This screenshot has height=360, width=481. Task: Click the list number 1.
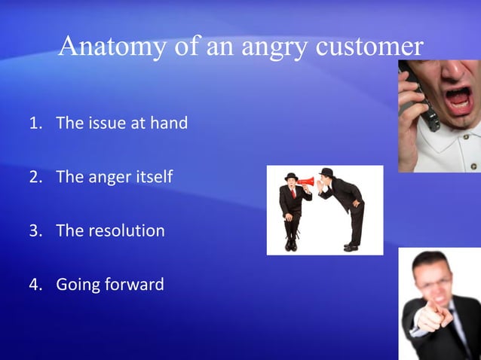(x=34, y=124)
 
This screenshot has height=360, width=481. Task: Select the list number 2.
(x=34, y=177)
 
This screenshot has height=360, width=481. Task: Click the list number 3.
(x=34, y=230)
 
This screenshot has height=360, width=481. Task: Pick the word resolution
(x=126, y=230)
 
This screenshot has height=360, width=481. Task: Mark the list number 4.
(x=34, y=285)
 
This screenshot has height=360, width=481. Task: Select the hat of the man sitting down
(x=291, y=176)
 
